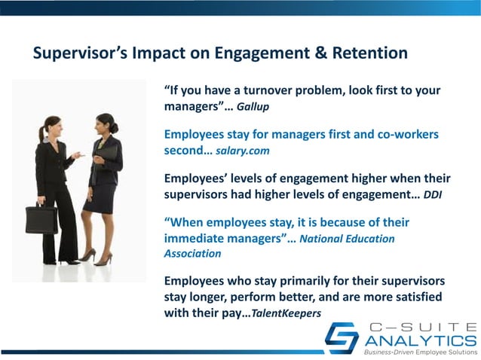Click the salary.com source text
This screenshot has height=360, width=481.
point(243,151)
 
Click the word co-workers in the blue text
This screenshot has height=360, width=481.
point(401,134)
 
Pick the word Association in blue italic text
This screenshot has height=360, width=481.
point(192,255)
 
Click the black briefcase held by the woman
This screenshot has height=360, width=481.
point(41,219)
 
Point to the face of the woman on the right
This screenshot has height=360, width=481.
point(103,123)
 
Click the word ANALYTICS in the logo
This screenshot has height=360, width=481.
point(420,338)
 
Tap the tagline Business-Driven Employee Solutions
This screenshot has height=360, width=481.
point(420,352)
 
